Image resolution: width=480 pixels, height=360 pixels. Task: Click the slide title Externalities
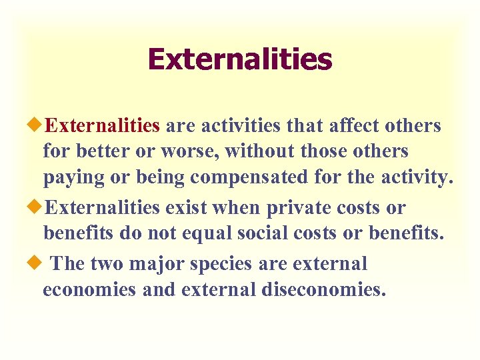[x=240, y=59]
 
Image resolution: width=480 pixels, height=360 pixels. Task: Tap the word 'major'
[x=157, y=263]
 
